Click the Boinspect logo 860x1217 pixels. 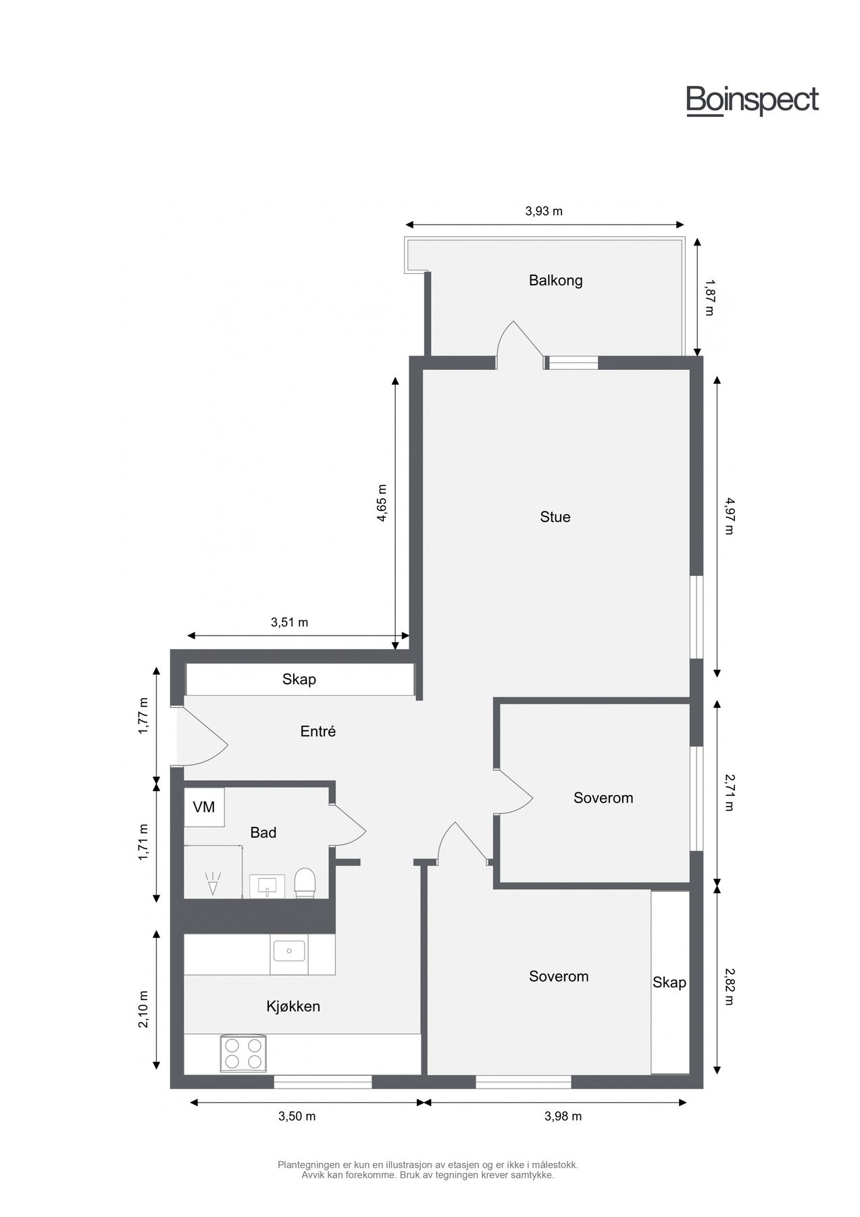click(752, 101)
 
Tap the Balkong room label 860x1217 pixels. click(555, 280)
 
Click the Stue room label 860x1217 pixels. click(555, 517)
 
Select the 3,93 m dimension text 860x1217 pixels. click(544, 211)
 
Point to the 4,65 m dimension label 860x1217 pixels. click(382, 502)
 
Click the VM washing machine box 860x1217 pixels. click(204, 807)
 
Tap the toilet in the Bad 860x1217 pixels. click(305, 883)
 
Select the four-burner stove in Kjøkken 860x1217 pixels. click(243, 1053)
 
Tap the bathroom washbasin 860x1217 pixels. click(267, 886)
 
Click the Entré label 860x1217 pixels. click(318, 731)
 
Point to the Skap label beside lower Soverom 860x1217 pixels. click(669, 982)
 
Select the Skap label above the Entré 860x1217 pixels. click(299, 679)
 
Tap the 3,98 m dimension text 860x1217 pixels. click(563, 1116)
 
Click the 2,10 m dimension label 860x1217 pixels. click(143, 1009)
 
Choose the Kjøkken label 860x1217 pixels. click(293, 1006)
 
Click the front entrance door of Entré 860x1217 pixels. click(203, 740)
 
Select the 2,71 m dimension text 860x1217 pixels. click(728, 792)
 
